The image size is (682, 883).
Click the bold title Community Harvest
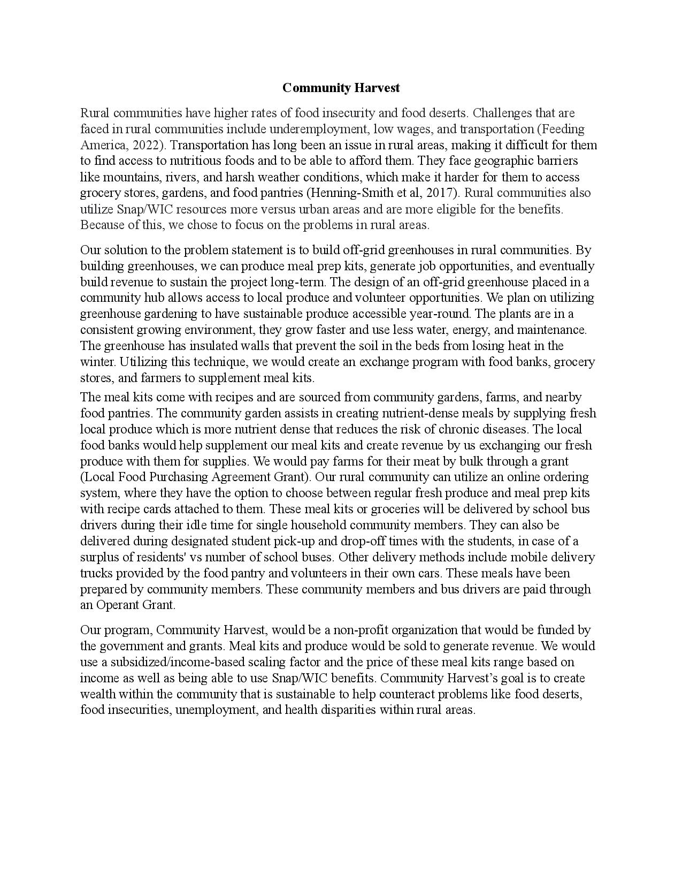tap(341, 88)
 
